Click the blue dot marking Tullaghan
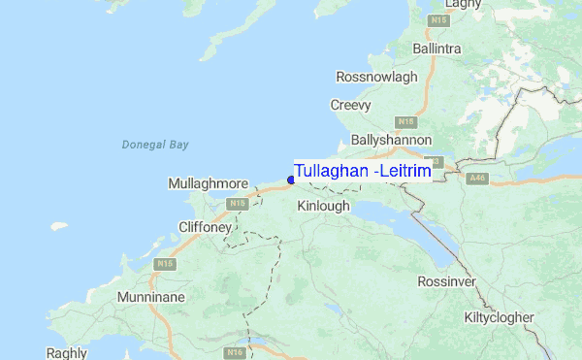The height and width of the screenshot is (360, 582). [291, 180]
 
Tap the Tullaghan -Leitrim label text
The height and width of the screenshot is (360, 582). [363, 171]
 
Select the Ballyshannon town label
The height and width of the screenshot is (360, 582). [391, 140]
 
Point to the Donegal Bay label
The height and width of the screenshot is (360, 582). [155, 145]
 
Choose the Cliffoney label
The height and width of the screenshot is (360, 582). [206, 226]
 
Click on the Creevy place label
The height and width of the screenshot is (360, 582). [351, 105]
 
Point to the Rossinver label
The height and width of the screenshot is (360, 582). [447, 281]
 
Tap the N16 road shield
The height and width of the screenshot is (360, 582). [234, 352]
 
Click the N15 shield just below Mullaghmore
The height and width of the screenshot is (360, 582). [237, 204]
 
